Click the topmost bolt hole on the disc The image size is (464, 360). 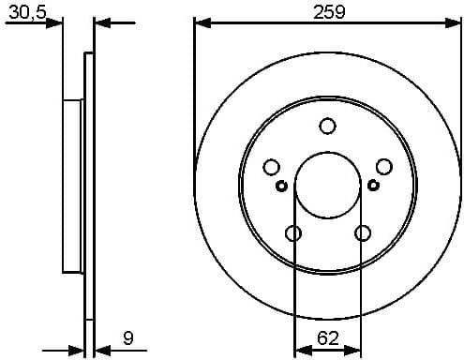pyautogui.click(x=327, y=126)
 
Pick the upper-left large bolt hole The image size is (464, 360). pyautogui.click(x=271, y=167)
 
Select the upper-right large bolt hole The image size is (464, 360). pyautogui.click(x=383, y=167)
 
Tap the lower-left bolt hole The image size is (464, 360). pyautogui.click(x=292, y=233)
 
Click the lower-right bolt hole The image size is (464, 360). pyautogui.click(x=362, y=233)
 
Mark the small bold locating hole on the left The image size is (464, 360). pyautogui.click(x=281, y=185)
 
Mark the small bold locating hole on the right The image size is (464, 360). pyautogui.click(x=373, y=185)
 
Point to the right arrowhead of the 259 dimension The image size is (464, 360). pyautogui.click(x=455, y=23)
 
